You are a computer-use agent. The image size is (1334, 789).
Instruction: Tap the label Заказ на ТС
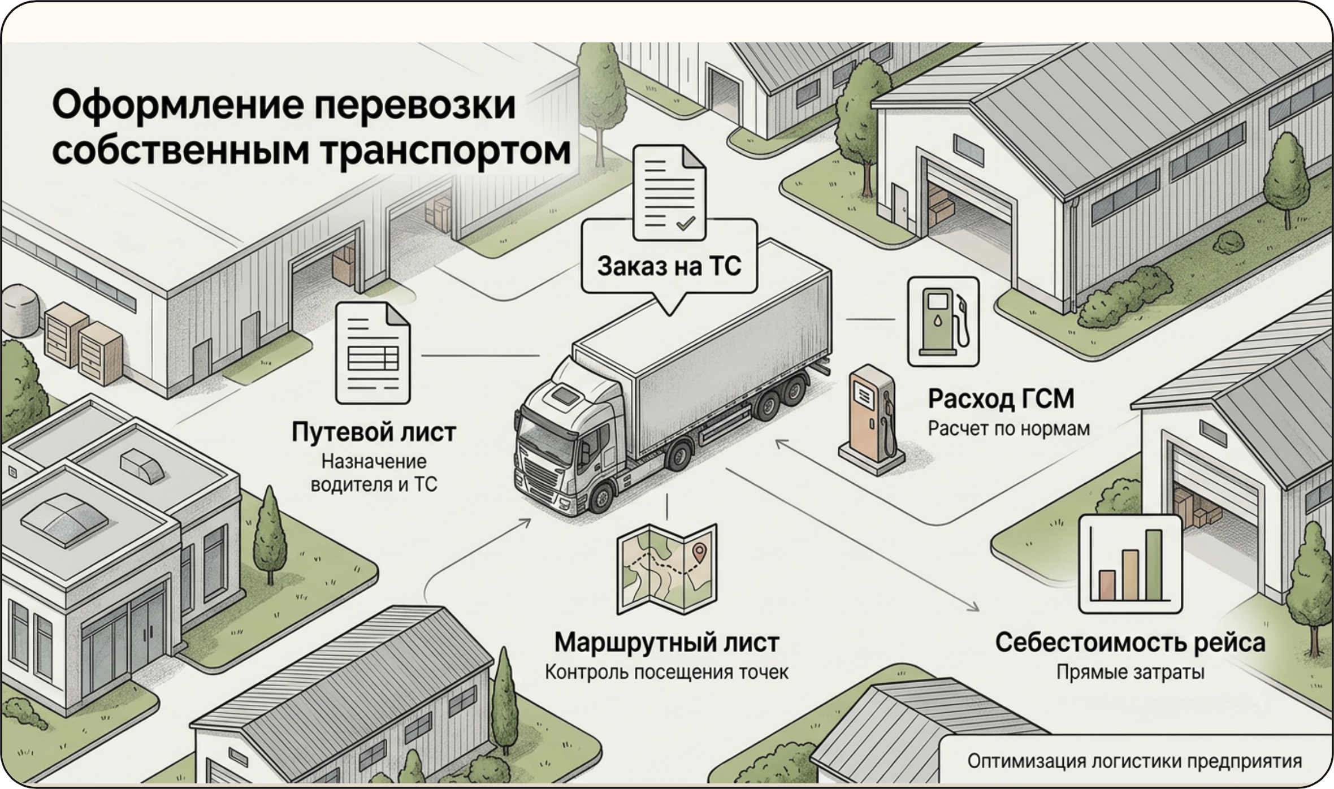pyautogui.click(x=669, y=266)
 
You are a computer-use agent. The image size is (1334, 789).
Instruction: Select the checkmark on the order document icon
pyautogui.click(x=686, y=223)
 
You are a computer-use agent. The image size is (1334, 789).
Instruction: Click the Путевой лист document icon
pyautogui.click(x=373, y=353)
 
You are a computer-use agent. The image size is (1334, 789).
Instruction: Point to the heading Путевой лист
pyautogui.click(x=374, y=432)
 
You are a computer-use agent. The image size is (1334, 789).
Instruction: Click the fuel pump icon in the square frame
pyautogui.click(x=943, y=322)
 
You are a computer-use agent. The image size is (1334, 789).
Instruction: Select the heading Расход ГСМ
pyautogui.click(x=1001, y=399)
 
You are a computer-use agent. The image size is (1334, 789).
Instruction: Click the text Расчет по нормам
pyautogui.click(x=1008, y=429)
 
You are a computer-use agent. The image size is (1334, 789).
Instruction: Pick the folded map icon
pyautogui.click(x=667, y=570)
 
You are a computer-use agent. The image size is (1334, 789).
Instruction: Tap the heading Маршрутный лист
pyautogui.click(x=667, y=643)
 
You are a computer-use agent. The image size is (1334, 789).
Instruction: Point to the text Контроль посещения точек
pyautogui.click(x=666, y=673)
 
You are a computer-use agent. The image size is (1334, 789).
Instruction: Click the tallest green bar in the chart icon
pyautogui.click(x=1154, y=565)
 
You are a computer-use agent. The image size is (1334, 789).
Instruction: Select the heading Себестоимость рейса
pyautogui.click(x=1130, y=643)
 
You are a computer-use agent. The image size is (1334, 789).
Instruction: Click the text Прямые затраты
pyautogui.click(x=1131, y=673)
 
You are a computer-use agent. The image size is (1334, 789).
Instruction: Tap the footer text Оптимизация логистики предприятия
pyautogui.click(x=1134, y=761)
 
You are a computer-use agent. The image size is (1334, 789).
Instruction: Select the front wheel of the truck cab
pyautogui.click(x=602, y=497)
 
